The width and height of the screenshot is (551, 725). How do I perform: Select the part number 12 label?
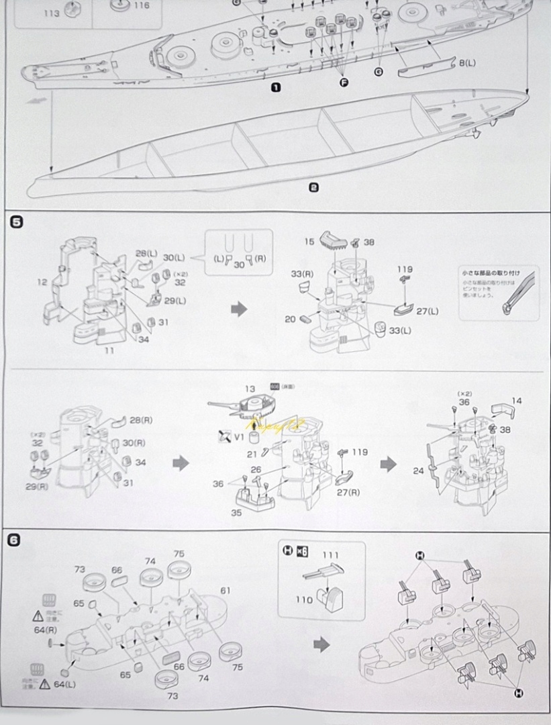point(42,282)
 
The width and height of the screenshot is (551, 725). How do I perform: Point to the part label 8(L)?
point(467,63)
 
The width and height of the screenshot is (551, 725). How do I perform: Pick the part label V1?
point(239,437)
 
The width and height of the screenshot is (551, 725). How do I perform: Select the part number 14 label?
point(515,401)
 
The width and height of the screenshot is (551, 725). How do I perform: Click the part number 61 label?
point(226,590)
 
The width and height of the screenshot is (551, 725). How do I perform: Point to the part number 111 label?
point(330,556)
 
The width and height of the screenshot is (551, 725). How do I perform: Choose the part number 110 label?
point(304,599)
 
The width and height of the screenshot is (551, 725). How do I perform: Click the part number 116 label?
point(141,5)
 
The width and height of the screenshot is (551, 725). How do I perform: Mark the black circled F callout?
point(344,82)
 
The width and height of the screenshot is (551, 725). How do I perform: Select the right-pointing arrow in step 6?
point(322,644)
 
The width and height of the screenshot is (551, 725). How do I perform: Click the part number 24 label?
point(418,471)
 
